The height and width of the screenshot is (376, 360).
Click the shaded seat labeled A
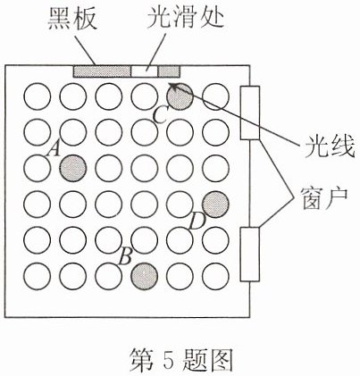click(73, 168)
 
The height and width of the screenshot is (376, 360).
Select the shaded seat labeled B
click(145, 276)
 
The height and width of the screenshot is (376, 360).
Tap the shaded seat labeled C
click(180, 96)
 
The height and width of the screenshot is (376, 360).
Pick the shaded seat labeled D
click(215, 204)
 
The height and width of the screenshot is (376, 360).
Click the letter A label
click(54, 149)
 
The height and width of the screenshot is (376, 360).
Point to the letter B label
click(125, 256)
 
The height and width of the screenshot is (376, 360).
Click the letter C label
click(160, 115)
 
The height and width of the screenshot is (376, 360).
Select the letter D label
click(197, 221)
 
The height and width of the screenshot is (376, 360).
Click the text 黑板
click(72, 19)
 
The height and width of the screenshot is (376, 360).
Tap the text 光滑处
click(185, 18)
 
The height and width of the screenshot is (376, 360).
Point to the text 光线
click(330, 146)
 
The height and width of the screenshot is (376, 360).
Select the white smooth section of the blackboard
click(145, 71)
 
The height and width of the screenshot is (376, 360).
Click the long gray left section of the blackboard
click(103, 71)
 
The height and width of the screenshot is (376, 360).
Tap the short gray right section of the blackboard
click(169, 71)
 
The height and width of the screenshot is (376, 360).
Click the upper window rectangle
click(250, 113)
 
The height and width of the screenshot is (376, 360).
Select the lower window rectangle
click(250, 255)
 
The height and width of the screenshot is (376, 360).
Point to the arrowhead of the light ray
click(172, 85)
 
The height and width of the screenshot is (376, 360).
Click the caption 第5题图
click(180, 360)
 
